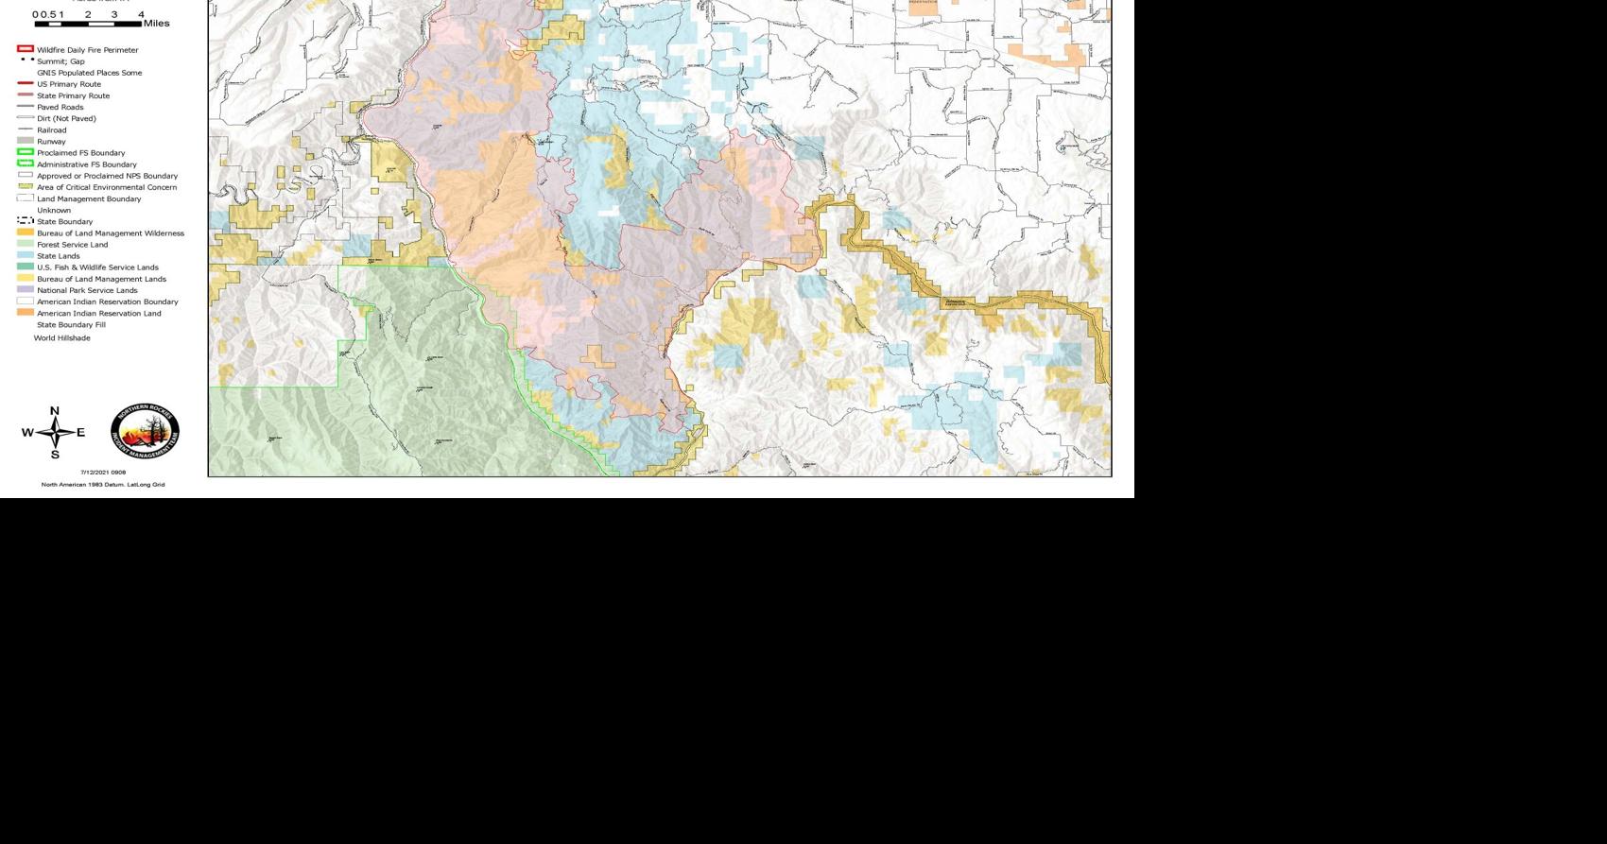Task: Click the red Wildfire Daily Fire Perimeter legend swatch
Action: pos(26,49)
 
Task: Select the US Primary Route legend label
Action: pos(68,84)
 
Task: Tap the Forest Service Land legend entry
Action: pos(72,245)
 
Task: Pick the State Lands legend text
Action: pos(58,256)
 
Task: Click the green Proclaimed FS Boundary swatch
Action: pos(26,152)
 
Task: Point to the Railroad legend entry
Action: pos(51,130)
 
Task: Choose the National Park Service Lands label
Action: pos(87,290)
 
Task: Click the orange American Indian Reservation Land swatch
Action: pos(26,313)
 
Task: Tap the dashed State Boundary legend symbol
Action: pos(26,221)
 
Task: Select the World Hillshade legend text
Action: pos(62,337)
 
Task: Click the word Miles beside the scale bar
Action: pos(157,23)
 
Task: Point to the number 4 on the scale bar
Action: pos(142,14)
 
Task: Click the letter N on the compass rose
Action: pos(54,411)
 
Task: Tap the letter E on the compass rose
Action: pos(81,433)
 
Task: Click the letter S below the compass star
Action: pos(55,455)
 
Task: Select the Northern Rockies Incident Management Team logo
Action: pos(145,433)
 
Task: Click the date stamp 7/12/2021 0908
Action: pos(103,472)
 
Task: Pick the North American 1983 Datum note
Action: pos(103,484)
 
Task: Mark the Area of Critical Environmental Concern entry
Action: pos(106,187)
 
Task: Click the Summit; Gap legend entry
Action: pos(60,61)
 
